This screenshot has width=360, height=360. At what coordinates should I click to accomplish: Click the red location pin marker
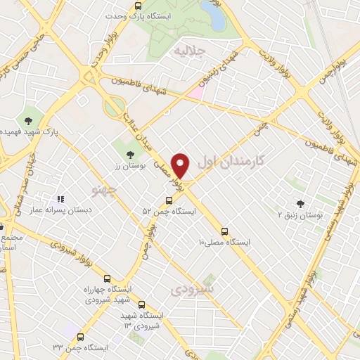coord(181,165)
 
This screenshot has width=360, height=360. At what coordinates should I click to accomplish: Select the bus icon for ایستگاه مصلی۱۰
coord(224,231)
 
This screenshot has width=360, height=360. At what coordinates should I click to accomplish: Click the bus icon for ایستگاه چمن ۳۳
coord(80,337)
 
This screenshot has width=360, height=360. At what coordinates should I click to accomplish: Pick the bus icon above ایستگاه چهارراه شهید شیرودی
coord(107,278)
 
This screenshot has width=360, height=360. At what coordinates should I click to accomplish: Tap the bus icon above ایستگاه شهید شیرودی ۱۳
coord(141,304)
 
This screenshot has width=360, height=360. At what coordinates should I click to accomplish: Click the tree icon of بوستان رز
coord(129,154)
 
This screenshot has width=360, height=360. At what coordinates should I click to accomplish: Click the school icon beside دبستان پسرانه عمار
coord(60,200)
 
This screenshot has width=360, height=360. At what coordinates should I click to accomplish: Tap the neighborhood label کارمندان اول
coord(231,161)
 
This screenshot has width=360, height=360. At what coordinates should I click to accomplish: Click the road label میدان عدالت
coord(140,131)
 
